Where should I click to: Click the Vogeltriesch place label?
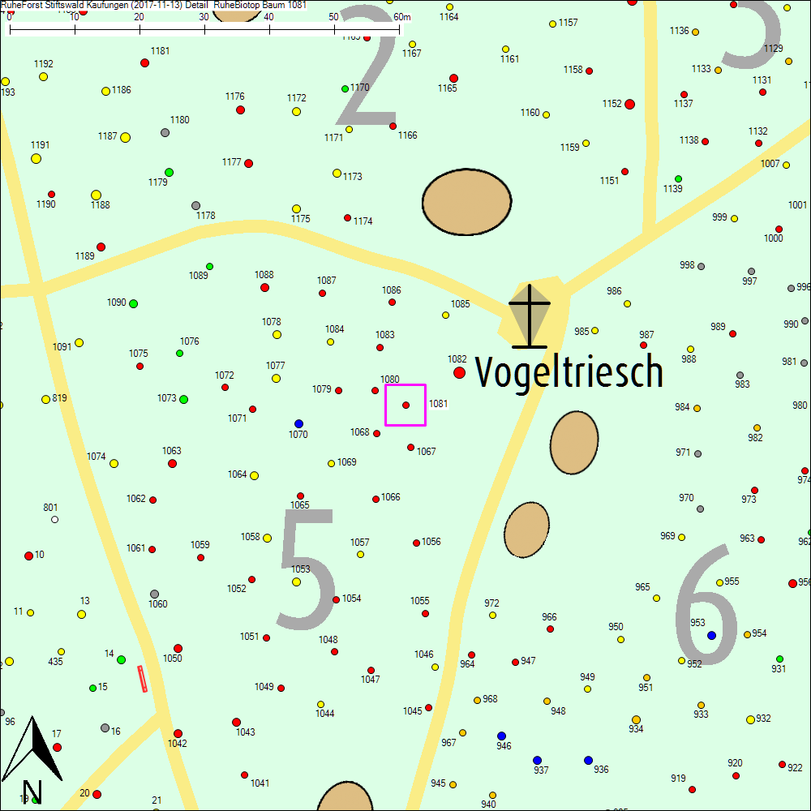569,372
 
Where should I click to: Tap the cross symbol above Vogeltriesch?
530,315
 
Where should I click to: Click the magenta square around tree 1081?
405,405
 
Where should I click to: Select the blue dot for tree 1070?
298,423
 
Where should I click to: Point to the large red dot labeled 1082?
460,372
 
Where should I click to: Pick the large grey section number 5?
307,569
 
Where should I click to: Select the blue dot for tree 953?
711,635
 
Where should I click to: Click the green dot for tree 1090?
133,303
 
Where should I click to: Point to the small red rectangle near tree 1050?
144,678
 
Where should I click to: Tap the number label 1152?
611,104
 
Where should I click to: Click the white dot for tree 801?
54,519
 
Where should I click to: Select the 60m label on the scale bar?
402,17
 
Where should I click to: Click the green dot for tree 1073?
183,399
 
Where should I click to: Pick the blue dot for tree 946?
501,736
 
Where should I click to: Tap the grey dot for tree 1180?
165,132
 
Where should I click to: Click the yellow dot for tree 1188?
96,195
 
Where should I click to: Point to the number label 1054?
351,599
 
